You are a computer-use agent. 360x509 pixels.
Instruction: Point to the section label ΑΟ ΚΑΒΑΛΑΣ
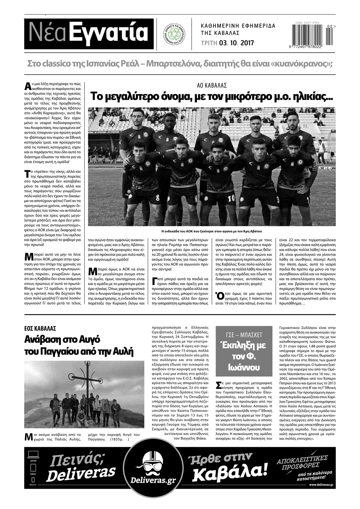tap(212, 85)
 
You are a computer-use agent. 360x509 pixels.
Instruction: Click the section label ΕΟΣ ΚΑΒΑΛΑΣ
tap(40, 328)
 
